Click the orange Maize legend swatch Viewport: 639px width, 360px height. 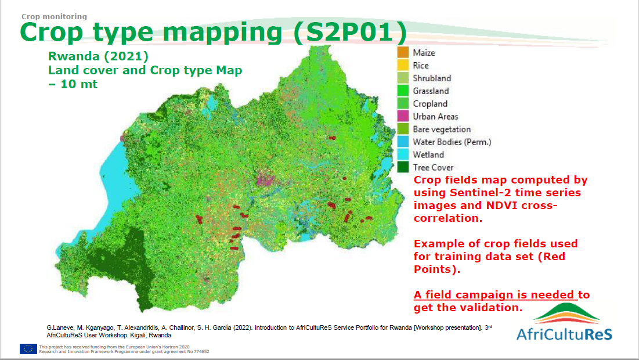(403, 53)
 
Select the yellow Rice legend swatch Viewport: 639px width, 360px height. (403, 65)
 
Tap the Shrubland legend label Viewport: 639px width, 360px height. (432, 78)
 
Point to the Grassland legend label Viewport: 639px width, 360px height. (431, 91)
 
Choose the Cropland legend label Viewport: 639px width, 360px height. (430, 104)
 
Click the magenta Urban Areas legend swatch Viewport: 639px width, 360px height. (403, 116)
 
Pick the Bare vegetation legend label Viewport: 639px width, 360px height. (442, 129)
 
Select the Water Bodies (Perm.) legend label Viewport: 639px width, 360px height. (452, 142)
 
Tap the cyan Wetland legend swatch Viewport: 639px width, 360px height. (403, 154)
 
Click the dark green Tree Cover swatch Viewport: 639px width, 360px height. (403, 167)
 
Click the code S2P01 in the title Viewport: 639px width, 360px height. (350, 32)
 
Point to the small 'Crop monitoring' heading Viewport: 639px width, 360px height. (54, 16)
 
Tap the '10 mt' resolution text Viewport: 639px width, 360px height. (79, 84)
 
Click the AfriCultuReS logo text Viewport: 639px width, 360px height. (565, 334)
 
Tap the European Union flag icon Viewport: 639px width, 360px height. (28, 348)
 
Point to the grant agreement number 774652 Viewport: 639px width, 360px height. (201, 351)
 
